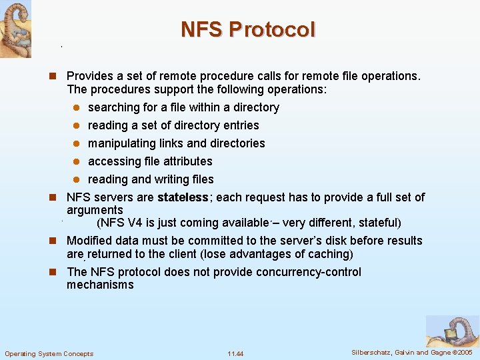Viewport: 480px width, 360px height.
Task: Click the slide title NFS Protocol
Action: [248, 30]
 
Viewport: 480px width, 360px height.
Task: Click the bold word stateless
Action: [183, 197]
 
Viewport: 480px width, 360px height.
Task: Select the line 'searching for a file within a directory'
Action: [183, 107]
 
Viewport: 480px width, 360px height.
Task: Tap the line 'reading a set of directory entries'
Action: [173, 125]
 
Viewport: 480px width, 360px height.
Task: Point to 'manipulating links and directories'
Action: [176, 143]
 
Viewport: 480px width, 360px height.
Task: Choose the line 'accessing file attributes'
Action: [150, 161]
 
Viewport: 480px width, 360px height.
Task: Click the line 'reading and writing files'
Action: [151, 179]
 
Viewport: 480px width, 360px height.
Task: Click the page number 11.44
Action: [235, 353]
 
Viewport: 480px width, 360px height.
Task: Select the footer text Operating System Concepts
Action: [49, 353]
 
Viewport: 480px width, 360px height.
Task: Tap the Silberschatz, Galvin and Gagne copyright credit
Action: [411, 352]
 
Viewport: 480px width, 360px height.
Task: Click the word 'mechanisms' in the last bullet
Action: [100, 285]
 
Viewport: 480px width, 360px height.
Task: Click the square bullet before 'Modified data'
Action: [57, 241]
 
